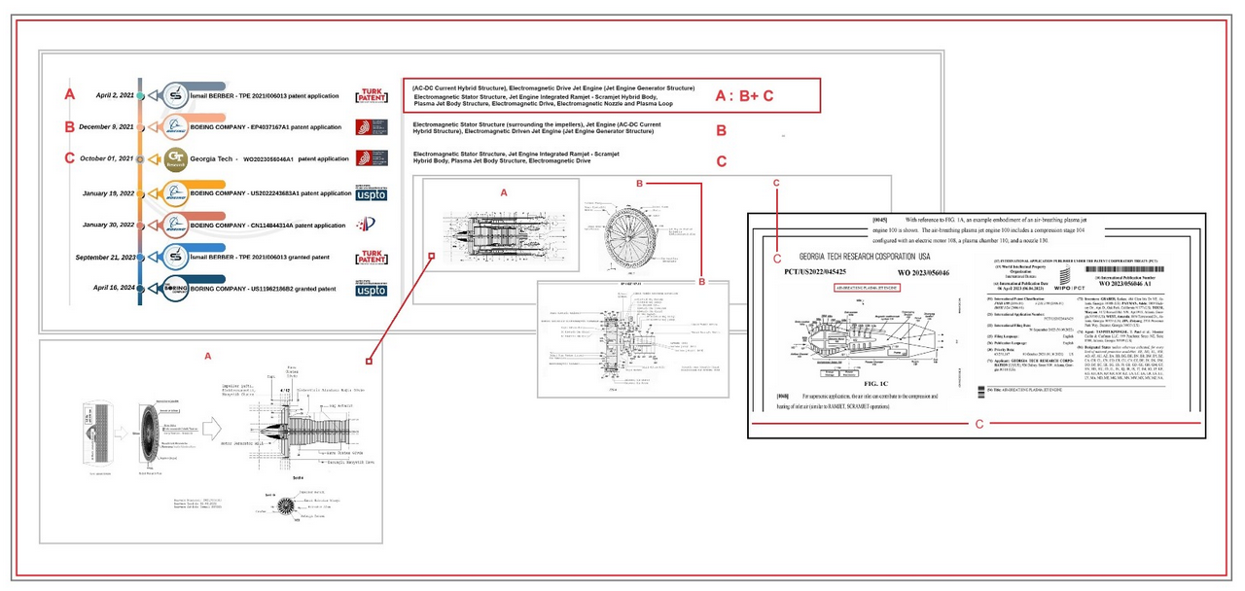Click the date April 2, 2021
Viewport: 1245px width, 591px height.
114,95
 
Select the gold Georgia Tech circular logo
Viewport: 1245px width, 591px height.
176,158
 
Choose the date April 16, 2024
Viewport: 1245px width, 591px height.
114,288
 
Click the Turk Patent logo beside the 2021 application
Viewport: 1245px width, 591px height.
371,95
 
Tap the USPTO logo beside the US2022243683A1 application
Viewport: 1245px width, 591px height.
371,192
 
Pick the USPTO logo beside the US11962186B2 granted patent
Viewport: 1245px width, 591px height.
371,289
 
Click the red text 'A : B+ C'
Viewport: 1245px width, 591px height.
744,95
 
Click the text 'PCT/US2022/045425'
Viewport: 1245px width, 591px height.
819,273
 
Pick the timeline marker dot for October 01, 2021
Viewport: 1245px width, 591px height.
140,158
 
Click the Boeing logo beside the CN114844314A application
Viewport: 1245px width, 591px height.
176,225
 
